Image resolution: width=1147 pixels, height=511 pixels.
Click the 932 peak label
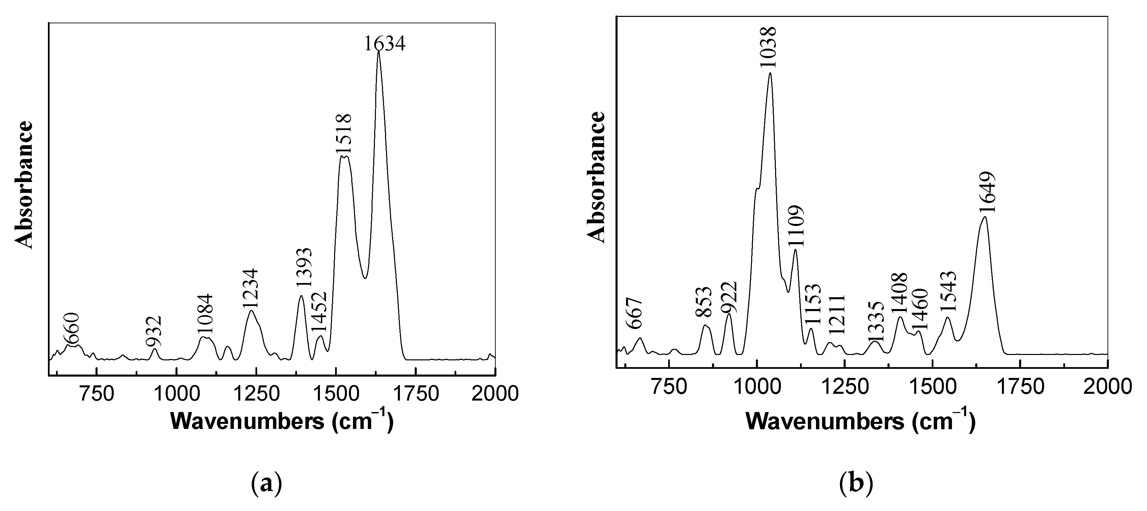click(x=154, y=331)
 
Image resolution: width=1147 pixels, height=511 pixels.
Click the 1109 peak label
click(x=795, y=226)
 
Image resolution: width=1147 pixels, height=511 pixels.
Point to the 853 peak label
click(x=704, y=302)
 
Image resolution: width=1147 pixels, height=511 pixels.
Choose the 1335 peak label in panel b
click(x=875, y=321)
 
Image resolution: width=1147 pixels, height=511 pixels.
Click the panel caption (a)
click(x=266, y=483)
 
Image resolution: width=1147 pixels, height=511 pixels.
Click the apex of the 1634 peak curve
click(x=379, y=52)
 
